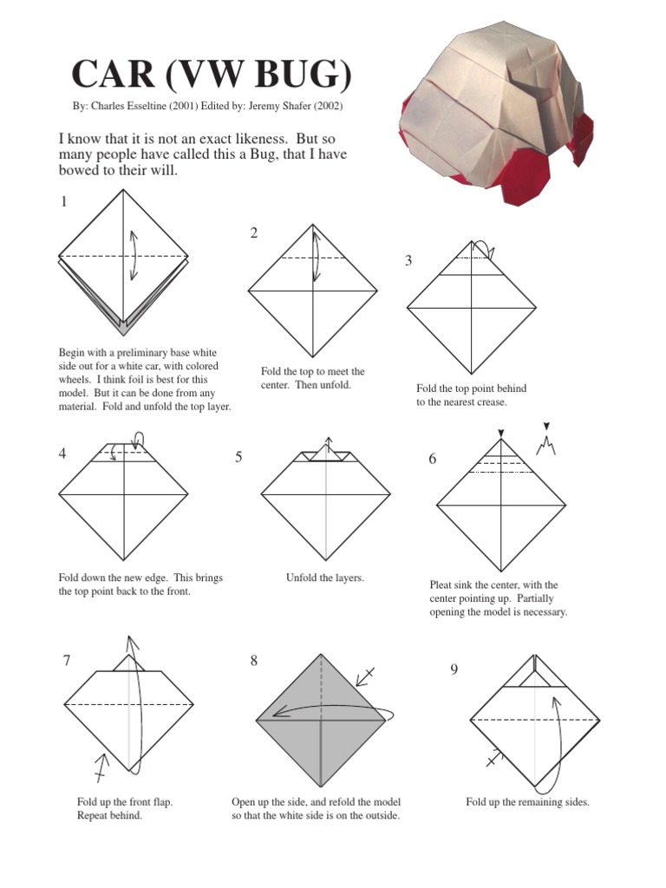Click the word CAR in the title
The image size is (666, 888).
[109, 75]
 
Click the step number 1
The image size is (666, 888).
[63, 202]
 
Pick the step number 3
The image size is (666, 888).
[408, 261]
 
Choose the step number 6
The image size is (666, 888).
[432, 459]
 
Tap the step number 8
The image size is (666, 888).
[254, 661]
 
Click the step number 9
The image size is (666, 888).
[454, 669]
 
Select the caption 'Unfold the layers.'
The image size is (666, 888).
[325, 578]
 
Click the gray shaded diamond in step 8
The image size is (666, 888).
[321, 720]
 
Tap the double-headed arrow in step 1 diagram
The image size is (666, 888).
[133, 255]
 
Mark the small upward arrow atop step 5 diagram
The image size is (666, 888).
[328, 442]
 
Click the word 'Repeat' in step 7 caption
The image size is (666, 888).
[94, 816]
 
